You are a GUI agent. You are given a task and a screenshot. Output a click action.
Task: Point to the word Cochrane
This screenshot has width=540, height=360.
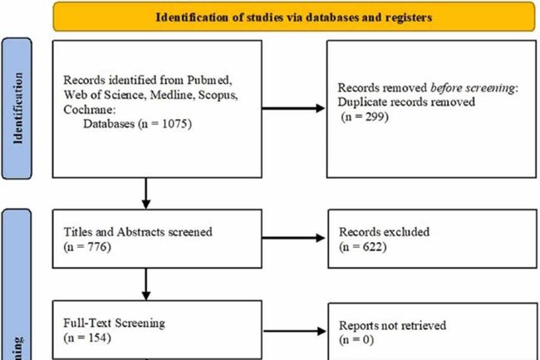(86, 109)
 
